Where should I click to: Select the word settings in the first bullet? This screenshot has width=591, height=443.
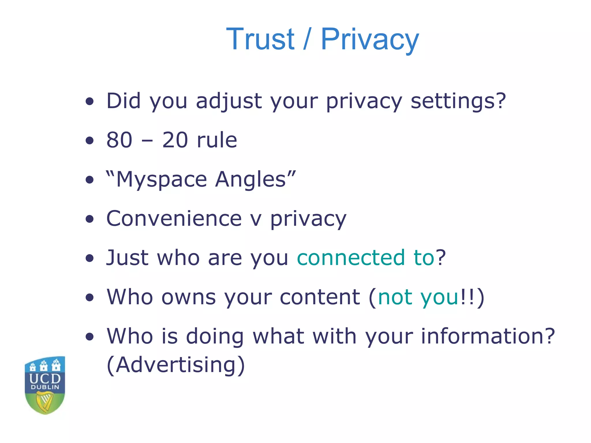458,102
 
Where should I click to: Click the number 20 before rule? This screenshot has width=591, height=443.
175,140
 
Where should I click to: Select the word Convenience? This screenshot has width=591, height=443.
174,219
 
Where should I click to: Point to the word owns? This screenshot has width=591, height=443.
188,297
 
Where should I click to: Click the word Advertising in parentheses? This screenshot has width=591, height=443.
176,365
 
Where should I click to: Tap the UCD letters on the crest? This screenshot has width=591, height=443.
45,378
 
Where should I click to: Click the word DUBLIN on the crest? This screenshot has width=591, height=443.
45,387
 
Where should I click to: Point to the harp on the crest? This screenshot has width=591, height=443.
45,401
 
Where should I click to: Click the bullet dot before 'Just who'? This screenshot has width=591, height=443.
90,258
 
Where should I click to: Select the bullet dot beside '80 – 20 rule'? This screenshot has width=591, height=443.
90,140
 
